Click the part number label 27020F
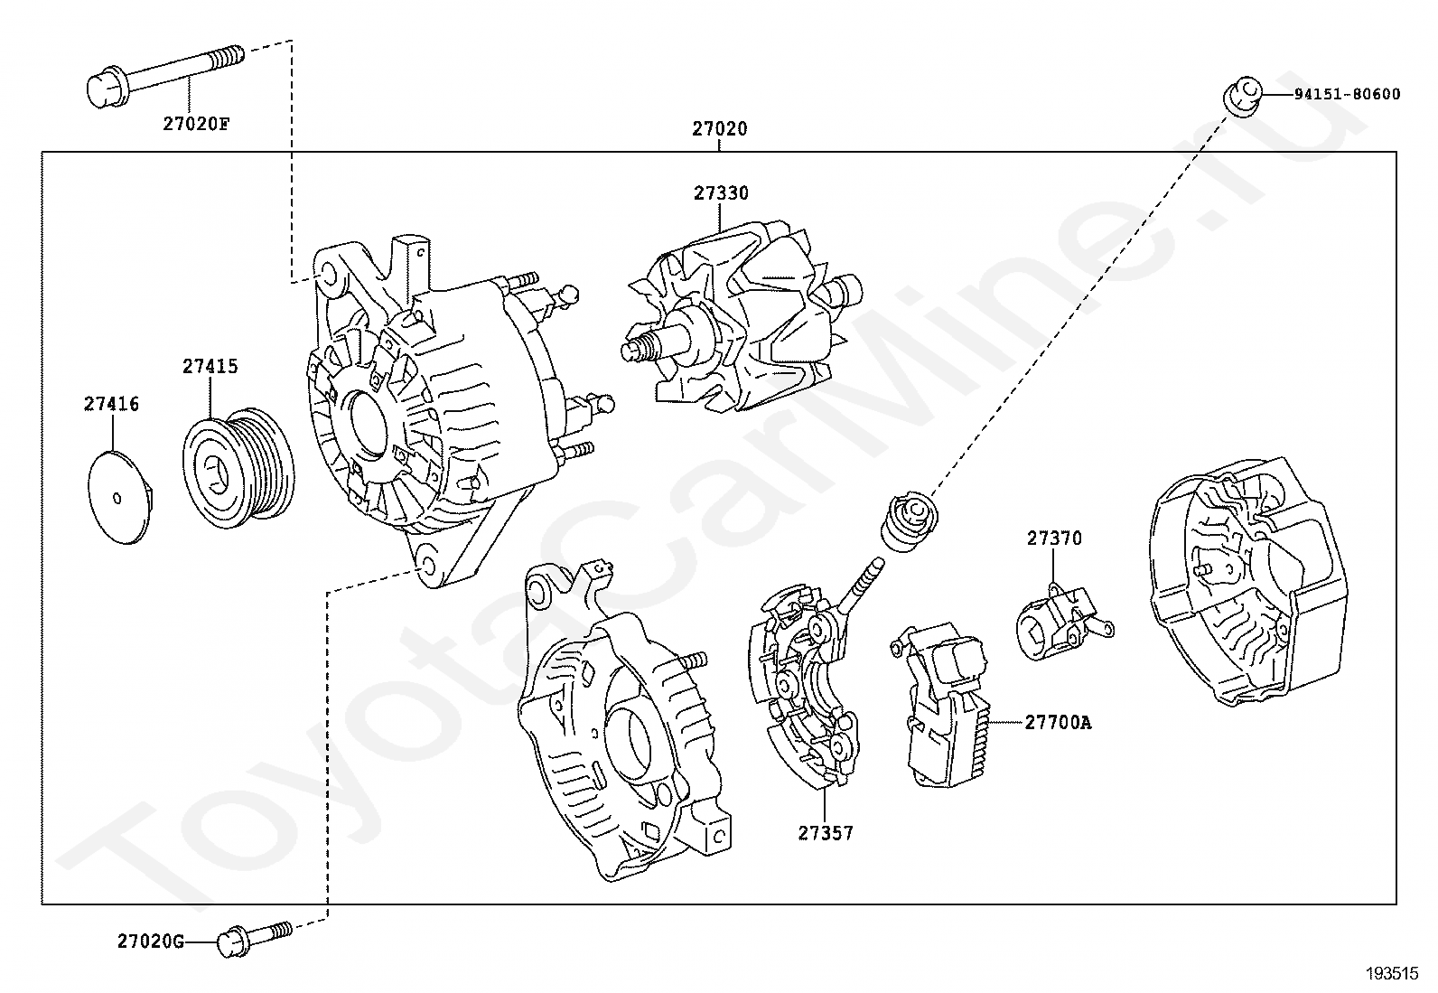click(x=196, y=123)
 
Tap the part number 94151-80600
click(x=1346, y=95)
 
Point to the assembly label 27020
click(x=720, y=129)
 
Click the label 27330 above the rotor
click(x=721, y=193)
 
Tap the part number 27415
click(x=210, y=367)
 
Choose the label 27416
click(x=112, y=405)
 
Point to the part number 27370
click(x=1053, y=539)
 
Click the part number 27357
click(x=825, y=833)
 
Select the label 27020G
click(x=150, y=941)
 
